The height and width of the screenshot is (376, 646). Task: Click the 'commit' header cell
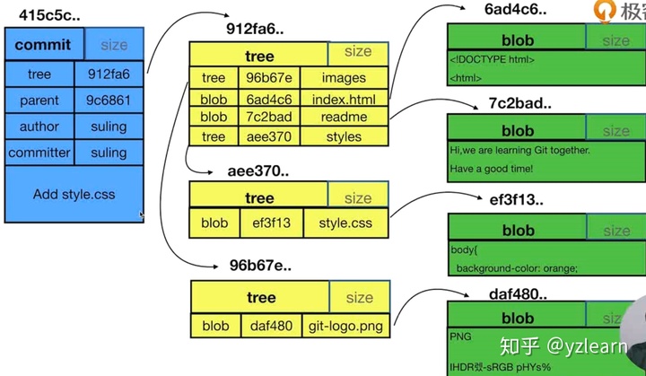click(x=43, y=45)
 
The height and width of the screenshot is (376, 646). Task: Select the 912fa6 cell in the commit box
click(x=109, y=74)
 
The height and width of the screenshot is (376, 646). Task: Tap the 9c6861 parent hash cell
click(x=109, y=101)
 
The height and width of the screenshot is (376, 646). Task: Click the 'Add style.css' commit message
click(x=74, y=194)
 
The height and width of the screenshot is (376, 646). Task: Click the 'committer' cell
click(x=39, y=153)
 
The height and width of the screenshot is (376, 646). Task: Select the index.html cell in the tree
click(x=344, y=98)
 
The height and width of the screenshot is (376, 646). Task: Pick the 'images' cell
click(x=344, y=78)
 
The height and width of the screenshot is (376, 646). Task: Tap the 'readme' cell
click(x=344, y=117)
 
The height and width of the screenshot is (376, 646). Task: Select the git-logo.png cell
click(x=347, y=326)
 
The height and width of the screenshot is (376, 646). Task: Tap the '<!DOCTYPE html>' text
click(x=493, y=59)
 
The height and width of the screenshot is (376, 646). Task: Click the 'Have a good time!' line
click(x=492, y=169)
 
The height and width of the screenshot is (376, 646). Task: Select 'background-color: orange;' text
click(x=517, y=267)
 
